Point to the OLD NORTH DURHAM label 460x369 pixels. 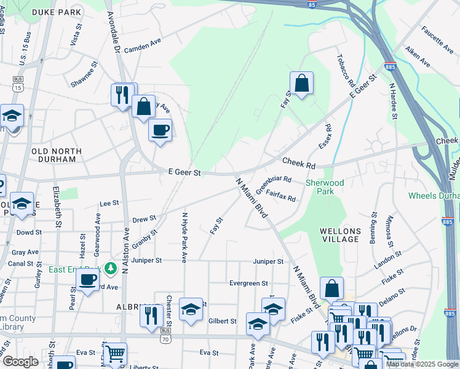(57, 155)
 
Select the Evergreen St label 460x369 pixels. (248, 284)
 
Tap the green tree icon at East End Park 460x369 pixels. (110, 268)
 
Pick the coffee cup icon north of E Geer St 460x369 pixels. (160, 130)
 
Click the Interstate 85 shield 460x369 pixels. (313, 4)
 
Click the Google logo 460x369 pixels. (20, 362)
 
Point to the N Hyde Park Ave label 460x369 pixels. (184, 237)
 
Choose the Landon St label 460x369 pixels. (387, 258)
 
